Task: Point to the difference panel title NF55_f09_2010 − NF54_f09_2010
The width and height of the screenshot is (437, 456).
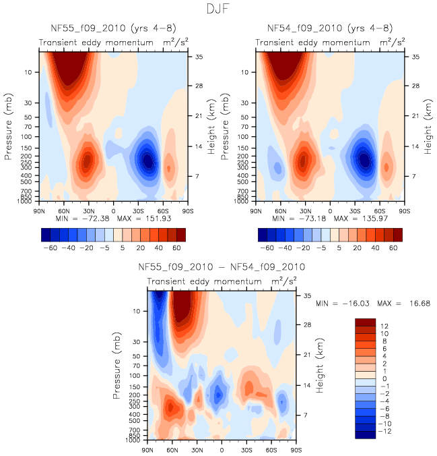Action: tap(222, 267)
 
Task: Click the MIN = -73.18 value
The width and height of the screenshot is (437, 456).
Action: tap(294, 219)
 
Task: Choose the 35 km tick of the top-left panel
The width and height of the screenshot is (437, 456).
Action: tap(200, 57)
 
